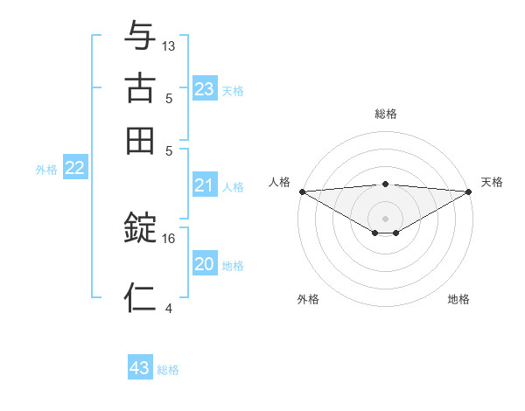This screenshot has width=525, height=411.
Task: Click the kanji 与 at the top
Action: coord(140,36)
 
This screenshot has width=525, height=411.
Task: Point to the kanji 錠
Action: coord(140,228)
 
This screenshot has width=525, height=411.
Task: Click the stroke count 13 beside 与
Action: coord(169,45)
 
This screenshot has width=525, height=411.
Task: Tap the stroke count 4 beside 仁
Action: coord(169,307)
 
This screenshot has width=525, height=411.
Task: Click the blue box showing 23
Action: coord(204,89)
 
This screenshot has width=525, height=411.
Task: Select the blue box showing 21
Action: coord(204,185)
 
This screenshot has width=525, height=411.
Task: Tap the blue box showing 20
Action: coord(204,264)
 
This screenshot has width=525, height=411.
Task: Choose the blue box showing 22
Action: coord(74,169)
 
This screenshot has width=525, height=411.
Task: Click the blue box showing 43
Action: coord(140,368)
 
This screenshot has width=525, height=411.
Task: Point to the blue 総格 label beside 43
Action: coord(168,370)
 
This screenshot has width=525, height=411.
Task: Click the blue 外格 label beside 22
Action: coord(45,170)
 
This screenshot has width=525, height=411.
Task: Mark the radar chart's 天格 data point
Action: coord(469,192)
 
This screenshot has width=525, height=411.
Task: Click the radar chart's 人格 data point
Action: coord(301,192)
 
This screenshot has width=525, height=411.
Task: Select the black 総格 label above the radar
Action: coord(386,114)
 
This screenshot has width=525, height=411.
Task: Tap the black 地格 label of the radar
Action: coord(458,299)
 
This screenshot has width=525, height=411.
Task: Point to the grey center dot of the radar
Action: coord(385,218)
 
